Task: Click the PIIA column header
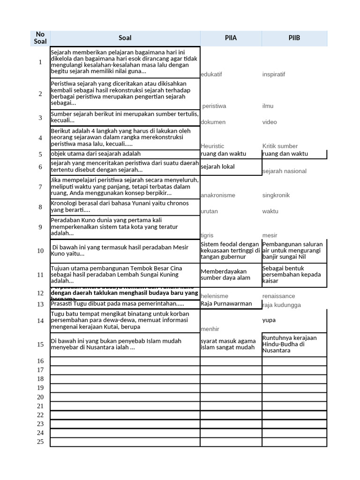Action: pos(231,38)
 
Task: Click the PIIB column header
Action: pos(294,38)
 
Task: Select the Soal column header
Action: pos(125,38)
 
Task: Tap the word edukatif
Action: pos(211,75)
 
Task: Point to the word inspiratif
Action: pos(274,75)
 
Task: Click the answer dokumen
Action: pos(213,122)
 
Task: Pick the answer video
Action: pos(270,122)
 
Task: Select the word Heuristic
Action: pos(212,146)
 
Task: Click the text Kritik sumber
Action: pos(280,146)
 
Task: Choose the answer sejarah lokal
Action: pos(218,166)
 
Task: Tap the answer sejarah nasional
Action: pos(285,171)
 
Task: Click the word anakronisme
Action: pos(218,195)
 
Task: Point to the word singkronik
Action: pos(276,195)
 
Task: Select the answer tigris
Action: pos(207,235)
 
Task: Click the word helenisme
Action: pos(215,296)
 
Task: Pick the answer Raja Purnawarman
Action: pos(226,304)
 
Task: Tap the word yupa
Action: pos(269,320)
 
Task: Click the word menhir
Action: pos(210,329)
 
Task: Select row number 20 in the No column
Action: pos(40,397)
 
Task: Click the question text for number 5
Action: pos(96,154)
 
